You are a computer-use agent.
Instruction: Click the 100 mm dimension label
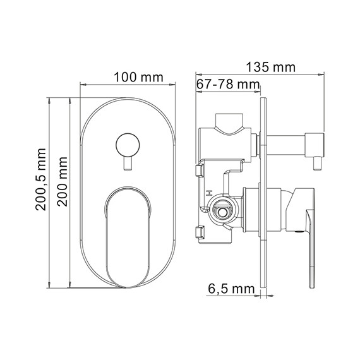coord(138,77)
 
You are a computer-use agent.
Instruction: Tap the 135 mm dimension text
coord(271,68)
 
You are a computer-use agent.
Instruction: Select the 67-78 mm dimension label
coord(228,84)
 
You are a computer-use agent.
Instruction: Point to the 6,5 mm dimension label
coord(231,289)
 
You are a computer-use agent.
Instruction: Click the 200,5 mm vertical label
coord(40,179)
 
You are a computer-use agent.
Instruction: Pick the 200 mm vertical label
coord(63,182)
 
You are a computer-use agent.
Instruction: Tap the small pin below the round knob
coord(128,164)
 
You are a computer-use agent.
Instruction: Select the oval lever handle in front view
coord(128,237)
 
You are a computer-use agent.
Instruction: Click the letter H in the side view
coord(208,193)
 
